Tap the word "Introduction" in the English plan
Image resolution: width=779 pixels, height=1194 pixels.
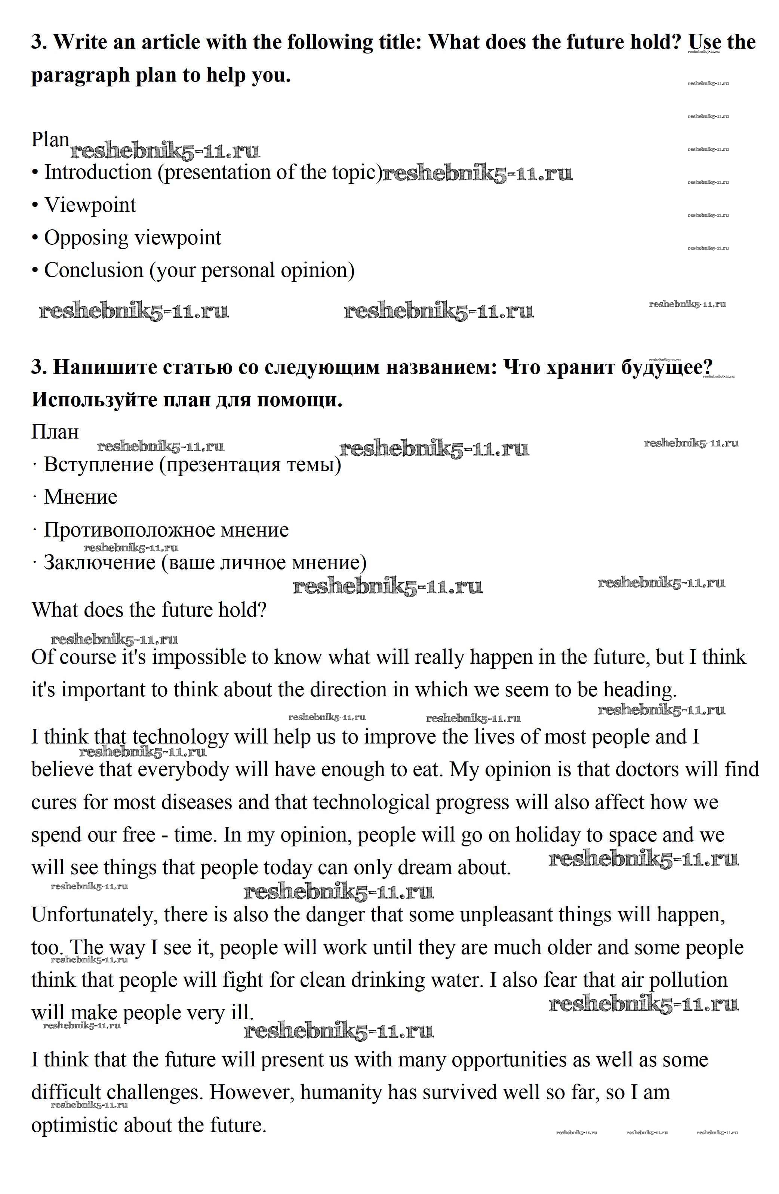98,172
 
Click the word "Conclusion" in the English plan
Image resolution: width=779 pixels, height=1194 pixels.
94,271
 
